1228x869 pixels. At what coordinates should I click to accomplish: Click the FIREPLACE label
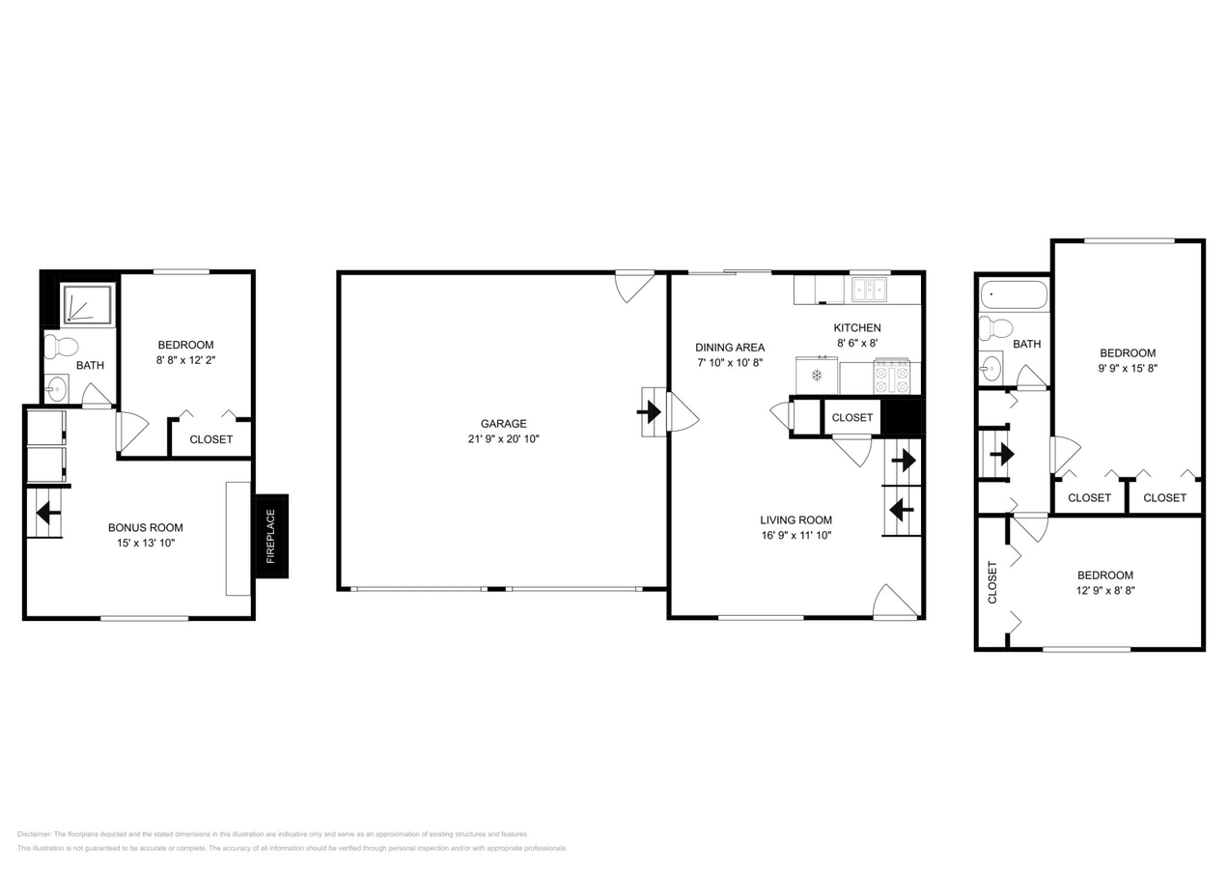(271, 536)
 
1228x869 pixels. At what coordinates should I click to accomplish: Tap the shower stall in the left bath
(87, 304)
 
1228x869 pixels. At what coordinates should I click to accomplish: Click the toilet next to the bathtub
(994, 328)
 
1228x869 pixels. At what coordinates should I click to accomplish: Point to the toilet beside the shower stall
(61, 347)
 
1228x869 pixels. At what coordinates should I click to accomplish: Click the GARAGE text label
(503, 423)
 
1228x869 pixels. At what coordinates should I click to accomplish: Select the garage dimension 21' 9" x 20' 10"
(503, 439)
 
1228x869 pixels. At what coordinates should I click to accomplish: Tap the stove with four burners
(891, 377)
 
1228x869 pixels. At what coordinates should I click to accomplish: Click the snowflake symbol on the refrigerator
(816, 375)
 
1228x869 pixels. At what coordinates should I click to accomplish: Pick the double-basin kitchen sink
(869, 289)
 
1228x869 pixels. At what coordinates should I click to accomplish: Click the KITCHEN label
(857, 327)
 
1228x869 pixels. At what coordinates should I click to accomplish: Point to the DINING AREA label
(730, 348)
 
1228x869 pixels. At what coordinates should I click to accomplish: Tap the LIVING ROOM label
(795, 519)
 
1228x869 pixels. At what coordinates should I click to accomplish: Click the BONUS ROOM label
(145, 527)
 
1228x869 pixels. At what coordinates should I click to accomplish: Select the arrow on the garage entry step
(650, 412)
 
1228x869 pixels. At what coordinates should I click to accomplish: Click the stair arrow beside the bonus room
(43, 513)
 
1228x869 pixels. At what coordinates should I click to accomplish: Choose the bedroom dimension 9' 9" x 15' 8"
(1127, 368)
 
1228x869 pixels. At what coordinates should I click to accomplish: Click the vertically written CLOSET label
(992, 582)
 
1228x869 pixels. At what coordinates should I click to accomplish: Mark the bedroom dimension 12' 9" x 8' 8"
(1106, 590)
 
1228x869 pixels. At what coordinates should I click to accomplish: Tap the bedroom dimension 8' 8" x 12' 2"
(185, 360)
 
